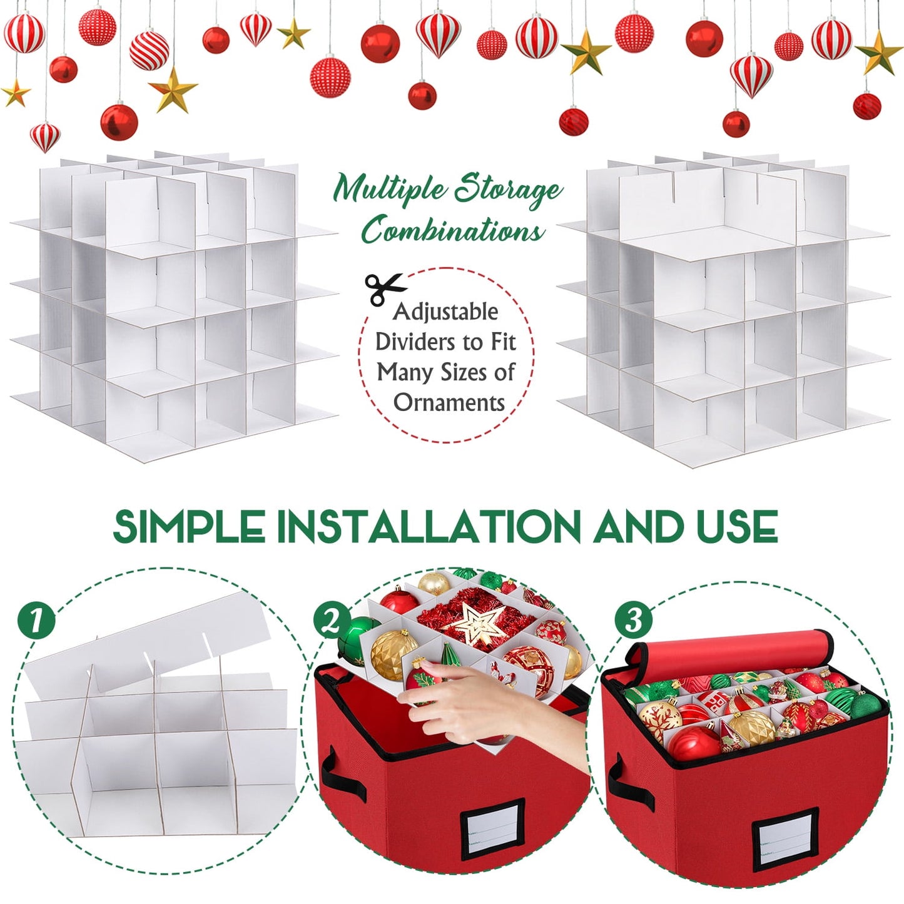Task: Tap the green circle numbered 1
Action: (36, 622)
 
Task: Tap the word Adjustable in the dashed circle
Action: (445, 312)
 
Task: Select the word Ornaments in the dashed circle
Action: (449, 402)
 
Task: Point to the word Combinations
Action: (454, 230)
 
